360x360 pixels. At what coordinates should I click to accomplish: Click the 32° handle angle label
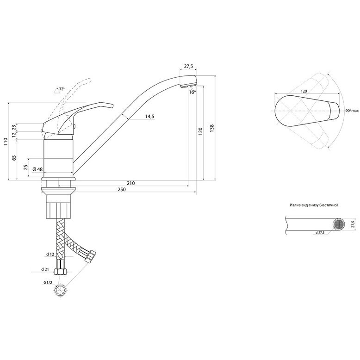tap(62, 89)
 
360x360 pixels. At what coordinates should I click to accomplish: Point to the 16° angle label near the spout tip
tap(192, 93)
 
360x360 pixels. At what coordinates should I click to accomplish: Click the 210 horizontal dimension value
tap(130, 183)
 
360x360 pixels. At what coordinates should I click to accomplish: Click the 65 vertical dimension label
tap(14, 158)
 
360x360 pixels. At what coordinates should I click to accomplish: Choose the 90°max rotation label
tap(353, 111)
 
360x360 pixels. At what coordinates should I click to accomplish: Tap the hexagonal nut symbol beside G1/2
tap(60, 291)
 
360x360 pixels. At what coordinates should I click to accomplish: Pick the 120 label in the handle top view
tap(304, 92)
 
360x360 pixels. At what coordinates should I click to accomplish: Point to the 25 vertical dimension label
tap(26, 167)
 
